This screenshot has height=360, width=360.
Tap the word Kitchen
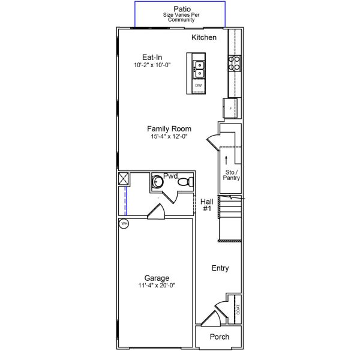pos(204,38)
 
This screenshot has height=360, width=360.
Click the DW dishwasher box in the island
pos(198,86)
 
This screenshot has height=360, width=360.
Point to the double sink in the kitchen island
pos(198,69)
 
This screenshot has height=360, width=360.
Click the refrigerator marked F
pos(231,108)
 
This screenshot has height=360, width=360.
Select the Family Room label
pos(169,128)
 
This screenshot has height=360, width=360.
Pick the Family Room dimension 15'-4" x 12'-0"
pos(169,136)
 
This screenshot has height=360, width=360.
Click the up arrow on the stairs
pos(226,160)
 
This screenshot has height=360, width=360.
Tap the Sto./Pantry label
pos(232,175)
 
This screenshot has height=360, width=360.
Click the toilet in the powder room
pos(187,181)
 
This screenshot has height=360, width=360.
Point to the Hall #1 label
pos(206,205)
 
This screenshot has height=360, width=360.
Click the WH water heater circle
pos(124,224)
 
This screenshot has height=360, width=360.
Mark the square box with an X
pos(124,179)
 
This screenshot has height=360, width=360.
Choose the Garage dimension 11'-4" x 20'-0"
pos(156,286)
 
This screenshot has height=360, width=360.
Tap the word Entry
pos(220,268)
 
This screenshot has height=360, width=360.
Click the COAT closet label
pos(238,310)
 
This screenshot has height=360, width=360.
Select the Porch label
pos(219,337)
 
